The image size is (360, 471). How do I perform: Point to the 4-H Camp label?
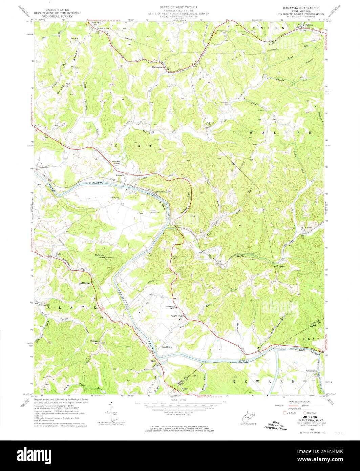tap(115, 197)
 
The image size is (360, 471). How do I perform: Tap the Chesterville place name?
tap(47, 305)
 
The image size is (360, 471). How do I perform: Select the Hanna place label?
tap(281, 267)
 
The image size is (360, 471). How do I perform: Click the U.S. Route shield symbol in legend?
tap(284, 413)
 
